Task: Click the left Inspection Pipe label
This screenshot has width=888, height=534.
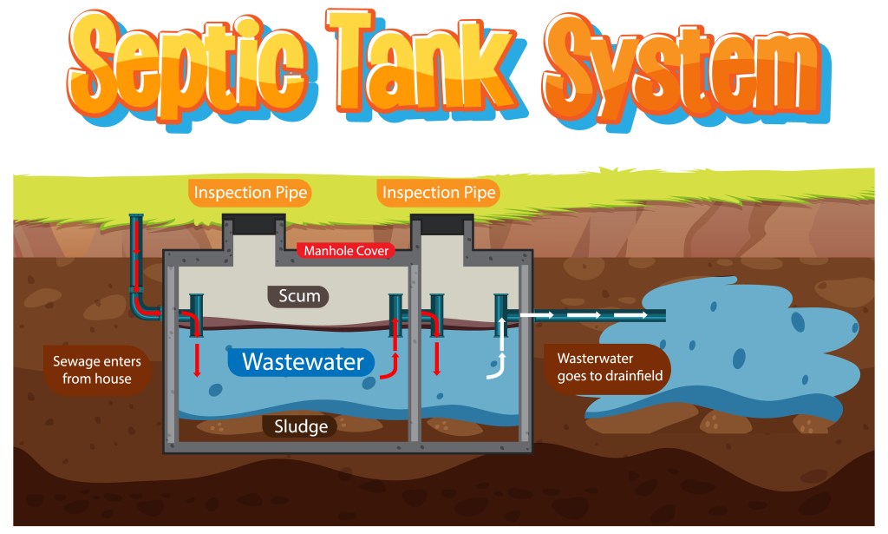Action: tap(250, 193)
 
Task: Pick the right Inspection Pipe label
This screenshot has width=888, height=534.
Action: tap(439, 193)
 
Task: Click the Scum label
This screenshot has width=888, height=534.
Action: tap(298, 296)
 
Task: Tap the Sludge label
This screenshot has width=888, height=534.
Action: tap(300, 425)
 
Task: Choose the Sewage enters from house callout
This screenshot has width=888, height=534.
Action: tap(97, 369)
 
